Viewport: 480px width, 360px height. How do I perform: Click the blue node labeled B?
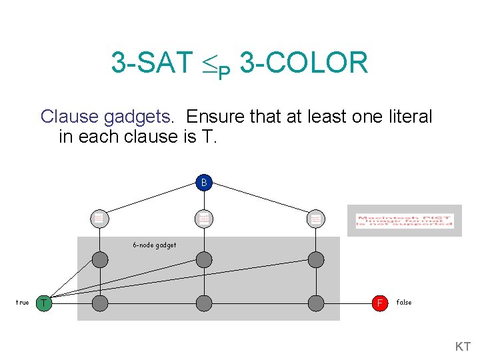tap(204, 182)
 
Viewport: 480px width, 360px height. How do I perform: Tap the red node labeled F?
tap(380, 303)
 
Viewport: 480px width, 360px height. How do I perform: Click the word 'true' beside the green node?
tap(22, 303)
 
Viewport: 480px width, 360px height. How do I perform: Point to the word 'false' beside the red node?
tap(404, 303)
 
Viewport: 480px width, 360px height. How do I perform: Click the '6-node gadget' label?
tap(154, 245)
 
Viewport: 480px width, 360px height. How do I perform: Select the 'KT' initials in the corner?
tap(463, 347)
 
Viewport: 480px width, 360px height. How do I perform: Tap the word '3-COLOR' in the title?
tap(303, 63)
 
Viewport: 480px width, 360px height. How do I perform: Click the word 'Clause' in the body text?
tap(70, 117)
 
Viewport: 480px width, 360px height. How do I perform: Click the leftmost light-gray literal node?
tap(99, 218)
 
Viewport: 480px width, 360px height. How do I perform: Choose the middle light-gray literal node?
tap(204, 218)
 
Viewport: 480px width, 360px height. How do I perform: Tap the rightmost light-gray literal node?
tap(315, 218)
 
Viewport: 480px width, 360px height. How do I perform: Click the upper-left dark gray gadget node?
tap(99, 260)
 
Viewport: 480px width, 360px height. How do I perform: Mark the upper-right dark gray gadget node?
tap(315, 260)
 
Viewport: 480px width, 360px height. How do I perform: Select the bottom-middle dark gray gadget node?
tap(204, 303)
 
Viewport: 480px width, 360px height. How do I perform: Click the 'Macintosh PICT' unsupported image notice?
tap(405, 221)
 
